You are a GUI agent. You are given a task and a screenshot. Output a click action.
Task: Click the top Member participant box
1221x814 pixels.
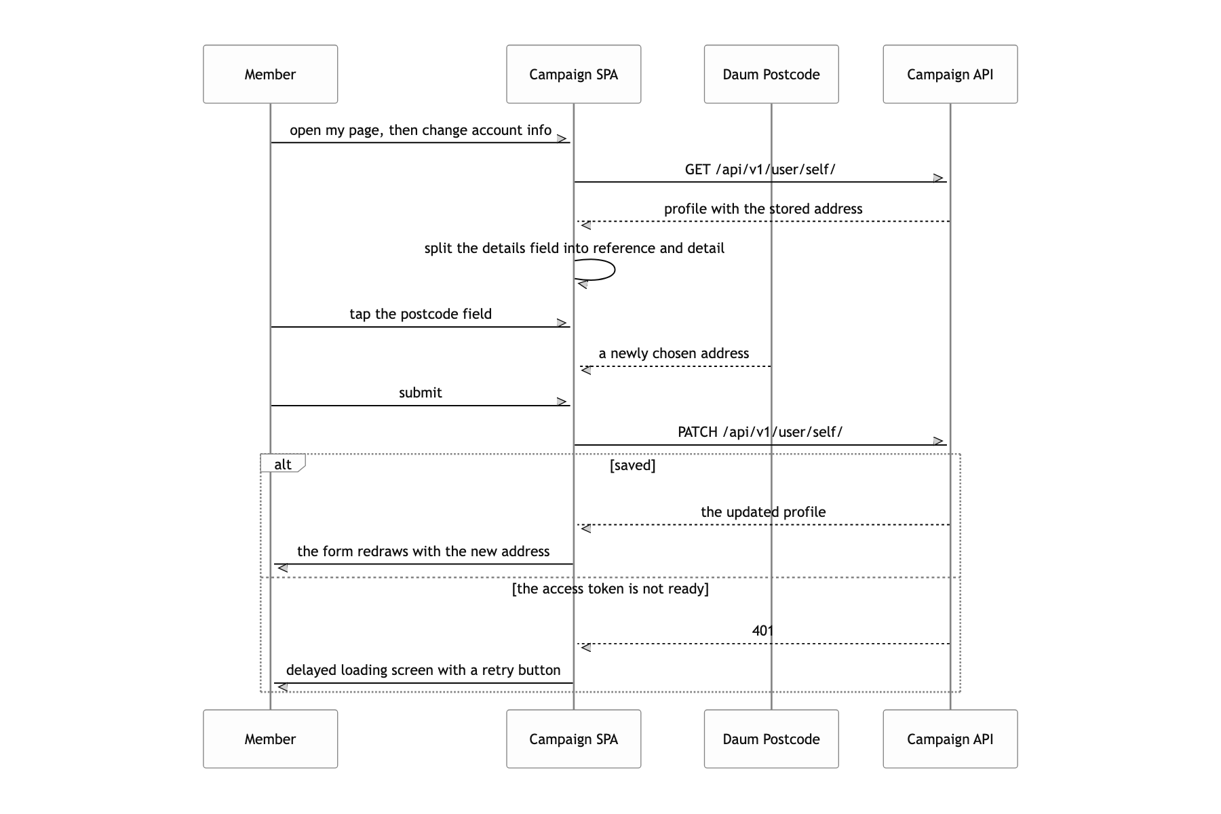pos(270,74)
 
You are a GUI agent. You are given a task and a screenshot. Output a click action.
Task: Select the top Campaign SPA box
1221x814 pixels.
pos(573,74)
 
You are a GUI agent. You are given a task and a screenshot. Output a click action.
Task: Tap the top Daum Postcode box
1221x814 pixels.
pos(771,74)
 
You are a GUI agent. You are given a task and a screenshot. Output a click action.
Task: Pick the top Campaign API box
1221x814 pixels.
pos(950,74)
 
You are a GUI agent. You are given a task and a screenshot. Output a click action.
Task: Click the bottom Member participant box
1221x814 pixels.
pos(270,739)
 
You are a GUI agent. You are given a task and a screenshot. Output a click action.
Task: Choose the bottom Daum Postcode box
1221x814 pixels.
pos(771,739)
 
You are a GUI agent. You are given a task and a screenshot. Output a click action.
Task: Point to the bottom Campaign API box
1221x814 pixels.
pos(950,739)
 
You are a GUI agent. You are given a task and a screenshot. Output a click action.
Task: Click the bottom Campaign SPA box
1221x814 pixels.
pos(573,739)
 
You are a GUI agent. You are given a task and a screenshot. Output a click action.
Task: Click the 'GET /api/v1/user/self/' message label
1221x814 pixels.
pos(760,170)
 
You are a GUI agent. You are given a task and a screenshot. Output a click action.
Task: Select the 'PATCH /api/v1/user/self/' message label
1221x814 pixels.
pos(760,432)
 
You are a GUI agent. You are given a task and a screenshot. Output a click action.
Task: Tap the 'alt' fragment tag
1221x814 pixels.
pos(283,464)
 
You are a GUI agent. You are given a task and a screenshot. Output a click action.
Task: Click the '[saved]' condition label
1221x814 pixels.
pos(632,465)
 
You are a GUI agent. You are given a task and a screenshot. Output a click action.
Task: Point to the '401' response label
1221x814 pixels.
pos(762,631)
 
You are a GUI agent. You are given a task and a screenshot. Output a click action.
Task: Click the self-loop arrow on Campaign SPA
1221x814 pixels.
pos(615,270)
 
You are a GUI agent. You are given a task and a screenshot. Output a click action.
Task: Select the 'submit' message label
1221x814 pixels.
pos(420,393)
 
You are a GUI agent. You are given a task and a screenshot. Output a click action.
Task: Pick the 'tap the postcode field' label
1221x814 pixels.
pos(421,314)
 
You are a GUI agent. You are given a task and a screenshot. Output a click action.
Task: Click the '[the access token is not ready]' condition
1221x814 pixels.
pos(610,589)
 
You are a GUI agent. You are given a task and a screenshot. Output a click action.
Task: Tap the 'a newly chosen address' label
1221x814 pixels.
pos(674,353)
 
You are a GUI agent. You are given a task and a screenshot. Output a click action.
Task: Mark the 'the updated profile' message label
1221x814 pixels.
pos(763,512)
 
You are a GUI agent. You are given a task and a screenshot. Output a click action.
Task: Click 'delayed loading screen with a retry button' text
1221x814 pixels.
pos(423,670)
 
